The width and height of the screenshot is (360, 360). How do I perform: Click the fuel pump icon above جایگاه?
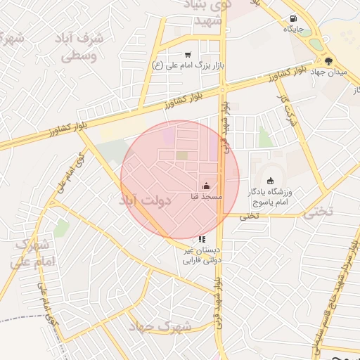[292, 19]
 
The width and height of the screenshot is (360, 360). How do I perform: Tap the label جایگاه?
[292, 30]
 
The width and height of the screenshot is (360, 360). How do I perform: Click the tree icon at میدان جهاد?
[329, 60]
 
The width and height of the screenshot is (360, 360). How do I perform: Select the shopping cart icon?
[188, 54]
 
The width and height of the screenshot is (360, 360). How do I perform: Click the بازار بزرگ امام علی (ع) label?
[188, 65]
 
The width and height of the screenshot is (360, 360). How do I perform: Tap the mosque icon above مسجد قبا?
[206, 186]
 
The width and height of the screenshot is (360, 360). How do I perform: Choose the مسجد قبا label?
[206, 197]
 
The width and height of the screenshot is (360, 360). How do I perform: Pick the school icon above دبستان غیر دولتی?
[202, 239]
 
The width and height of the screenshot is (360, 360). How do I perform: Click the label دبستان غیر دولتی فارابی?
[202, 255]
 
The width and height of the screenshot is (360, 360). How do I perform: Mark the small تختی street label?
[250, 215]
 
